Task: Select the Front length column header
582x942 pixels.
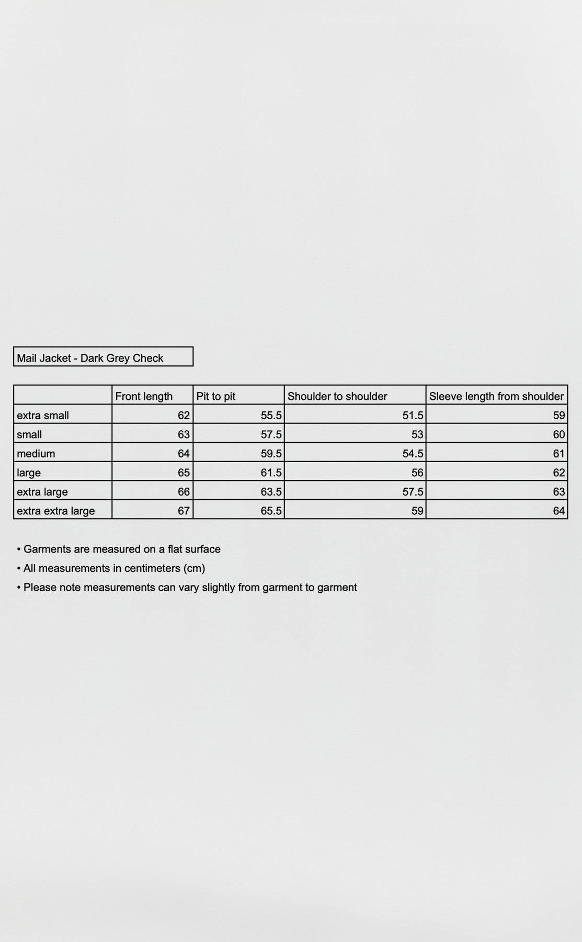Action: click(x=144, y=396)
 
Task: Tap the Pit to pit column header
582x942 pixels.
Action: click(x=216, y=396)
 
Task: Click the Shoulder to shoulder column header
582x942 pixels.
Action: click(x=337, y=396)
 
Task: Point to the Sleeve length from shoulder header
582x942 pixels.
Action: click(x=496, y=396)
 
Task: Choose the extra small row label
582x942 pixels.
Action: click(x=43, y=416)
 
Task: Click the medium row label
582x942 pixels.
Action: click(x=36, y=454)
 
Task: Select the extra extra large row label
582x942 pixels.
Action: click(x=56, y=511)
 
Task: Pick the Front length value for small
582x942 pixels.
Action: click(x=184, y=434)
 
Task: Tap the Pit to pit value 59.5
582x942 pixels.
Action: click(x=271, y=454)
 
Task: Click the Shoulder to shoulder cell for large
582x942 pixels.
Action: click(x=417, y=473)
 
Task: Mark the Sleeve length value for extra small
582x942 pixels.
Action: click(x=559, y=416)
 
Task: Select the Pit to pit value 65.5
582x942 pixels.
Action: click(x=271, y=511)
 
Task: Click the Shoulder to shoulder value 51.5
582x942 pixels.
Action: click(x=413, y=416)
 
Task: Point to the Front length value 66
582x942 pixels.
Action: click(x=184, y=492)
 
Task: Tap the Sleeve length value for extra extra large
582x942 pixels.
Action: click(x=559, y=511)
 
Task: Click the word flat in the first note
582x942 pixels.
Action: click(x=176, y=549)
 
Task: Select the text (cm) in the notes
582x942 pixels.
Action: click(x=194, y=568)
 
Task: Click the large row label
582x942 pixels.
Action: click(x=29, y=473)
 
